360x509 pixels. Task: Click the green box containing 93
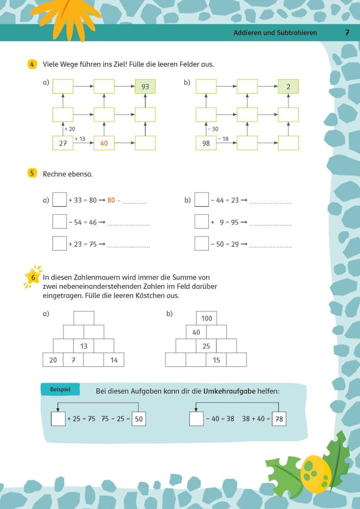(x=145, y=87)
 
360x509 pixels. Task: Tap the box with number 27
(x=63, y=143)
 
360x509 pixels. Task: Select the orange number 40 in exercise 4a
(x=104, y=144)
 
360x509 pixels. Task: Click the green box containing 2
(x=288, y=87)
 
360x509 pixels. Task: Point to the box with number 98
(x=206, y=143)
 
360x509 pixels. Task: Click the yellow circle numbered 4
(x=32, y=64)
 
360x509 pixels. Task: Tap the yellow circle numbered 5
(x=32, y=174)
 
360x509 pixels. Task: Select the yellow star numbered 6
(x=33, y=277)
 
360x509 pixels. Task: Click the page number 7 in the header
(x=347, y=33)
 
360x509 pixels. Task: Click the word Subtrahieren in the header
(x=297, y=33)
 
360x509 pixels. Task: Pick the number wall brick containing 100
(x=206, y=318)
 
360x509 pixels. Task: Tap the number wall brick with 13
(x=84, y=346)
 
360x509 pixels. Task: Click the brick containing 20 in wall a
(x=53, y=360)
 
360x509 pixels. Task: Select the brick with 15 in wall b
(x=216, y=360)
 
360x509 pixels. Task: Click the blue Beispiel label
(x=60, y=389)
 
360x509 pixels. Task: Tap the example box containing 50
(x=139, y=419)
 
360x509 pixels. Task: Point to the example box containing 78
(x=279, y=419)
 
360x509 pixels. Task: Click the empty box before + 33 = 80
(x=60, y=200)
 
